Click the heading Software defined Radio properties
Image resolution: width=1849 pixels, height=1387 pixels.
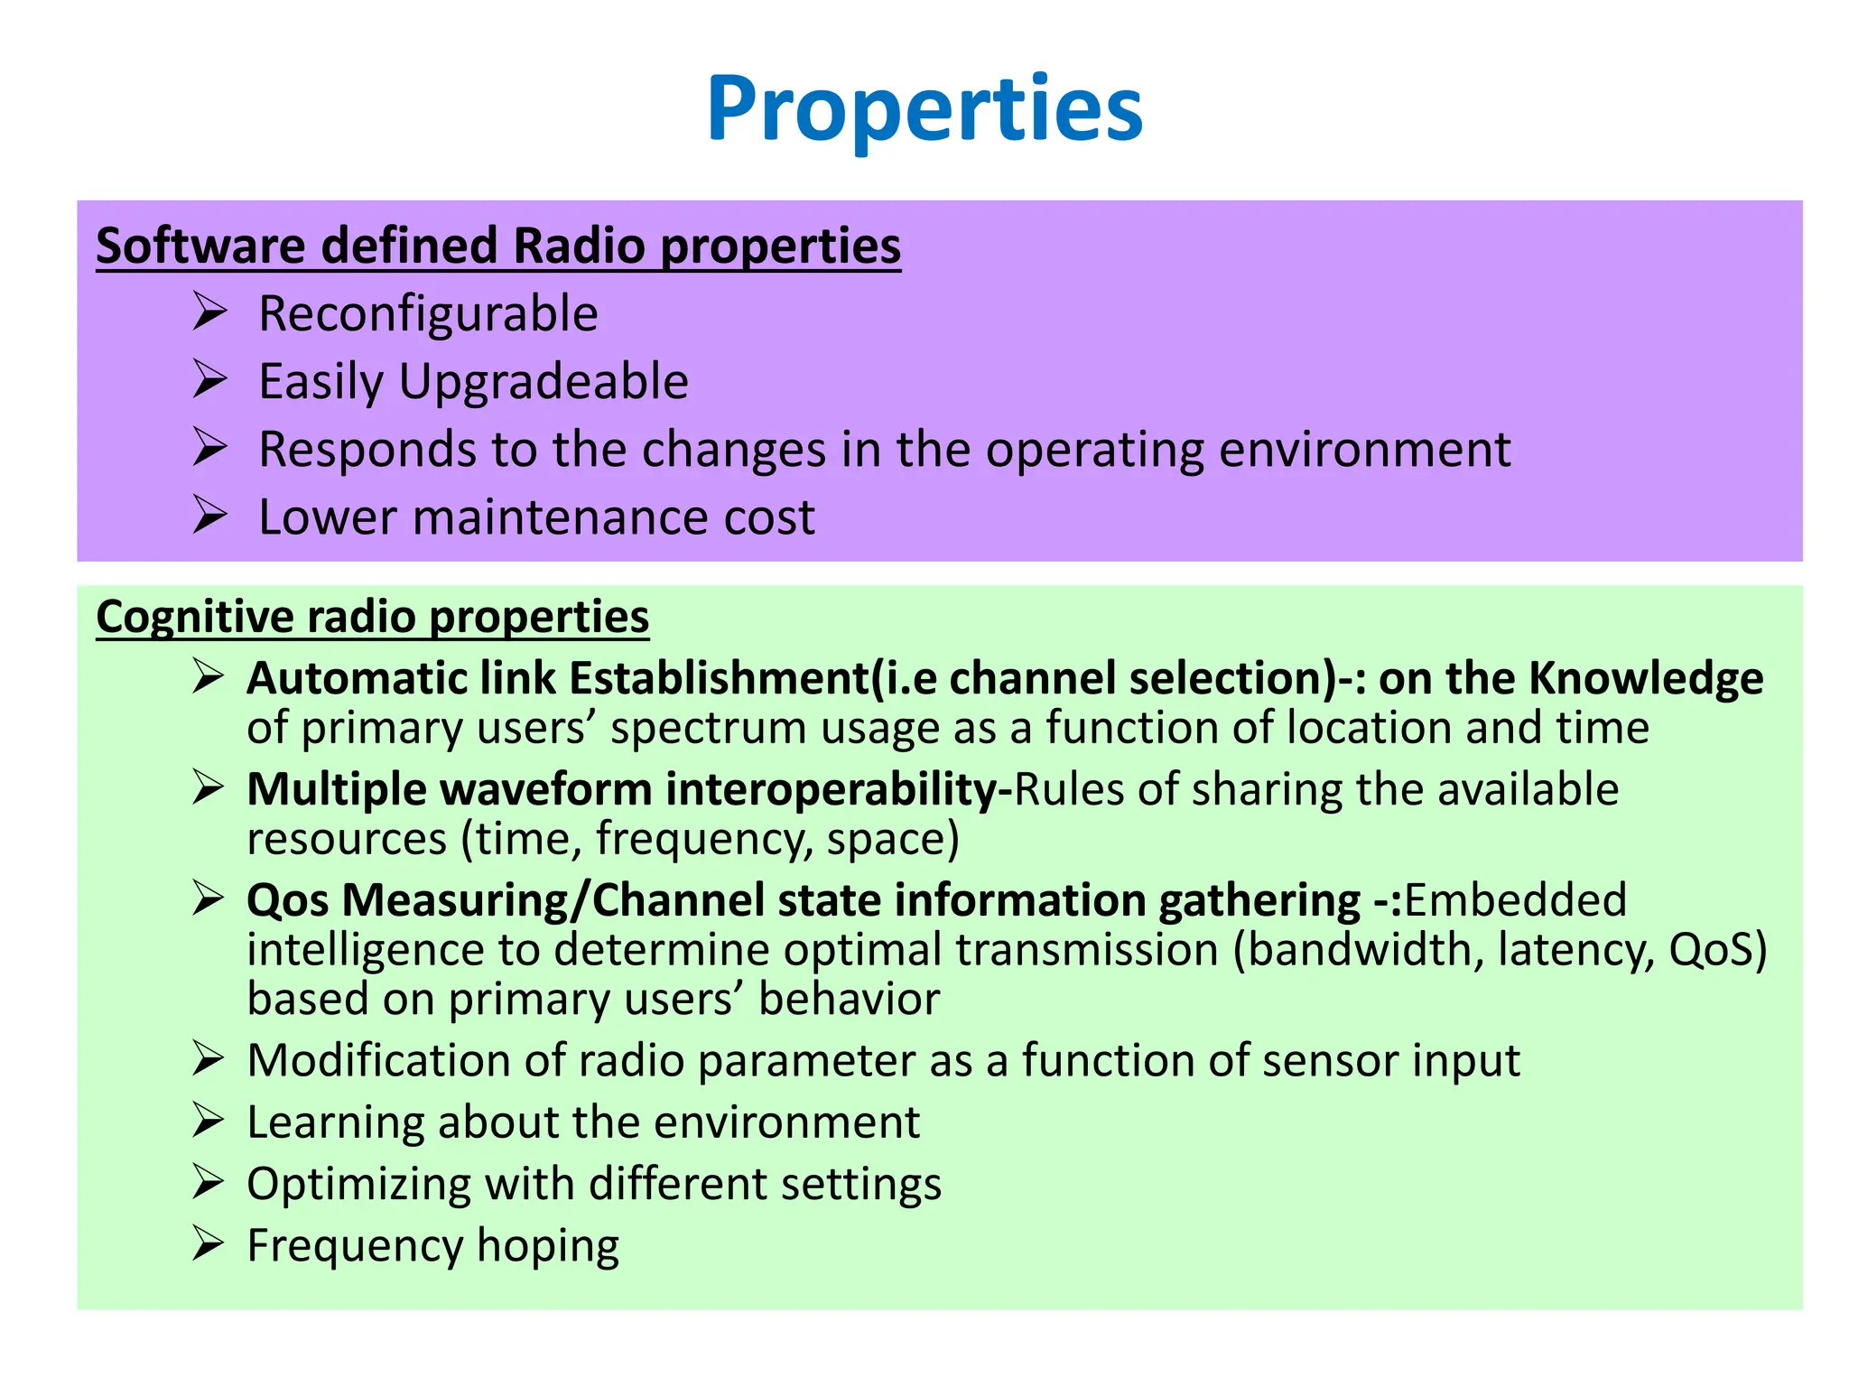498,246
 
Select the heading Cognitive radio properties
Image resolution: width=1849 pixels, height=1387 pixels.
372,617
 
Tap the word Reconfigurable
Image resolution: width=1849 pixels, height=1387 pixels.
428,314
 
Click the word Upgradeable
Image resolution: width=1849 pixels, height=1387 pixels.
544,382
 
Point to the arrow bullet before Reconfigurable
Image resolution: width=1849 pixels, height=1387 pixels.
209,312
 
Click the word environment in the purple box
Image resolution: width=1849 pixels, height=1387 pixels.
1364,450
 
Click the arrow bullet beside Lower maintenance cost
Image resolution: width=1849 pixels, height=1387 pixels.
209,516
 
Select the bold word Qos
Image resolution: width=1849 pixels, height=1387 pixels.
287,901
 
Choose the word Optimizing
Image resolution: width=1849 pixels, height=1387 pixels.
358,1185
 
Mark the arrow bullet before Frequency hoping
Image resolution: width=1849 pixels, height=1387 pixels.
208,1244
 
